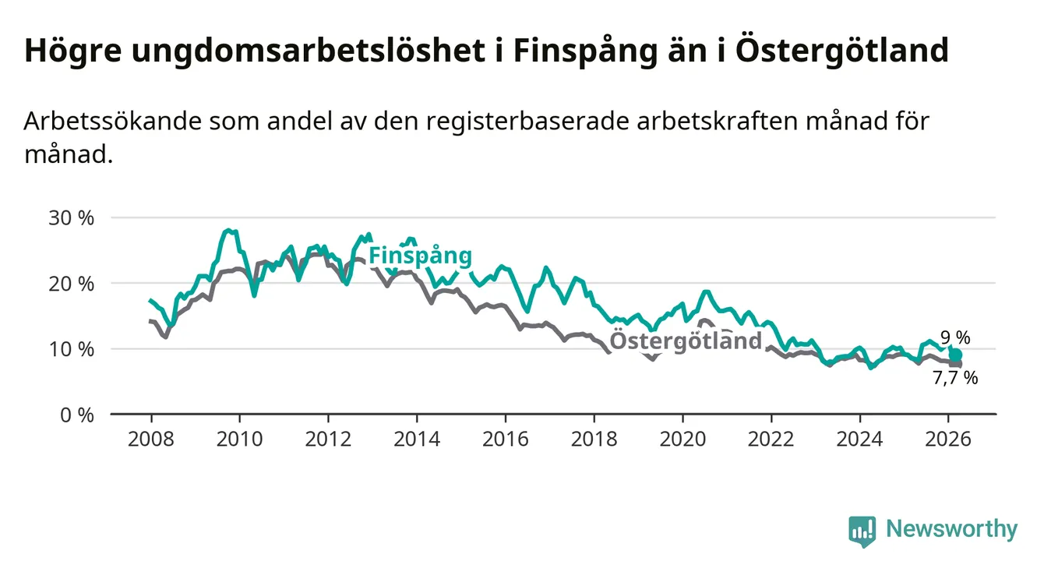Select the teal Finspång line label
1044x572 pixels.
tap(420, 256)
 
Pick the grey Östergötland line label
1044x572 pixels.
tap(686, 341)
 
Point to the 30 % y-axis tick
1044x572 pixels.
tap(71, 217)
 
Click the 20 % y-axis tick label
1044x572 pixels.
tap(71, 284)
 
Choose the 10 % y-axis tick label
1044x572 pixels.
tap(71, 349)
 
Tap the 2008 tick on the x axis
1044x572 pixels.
tap(150, 439)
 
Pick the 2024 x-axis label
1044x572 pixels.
tap(859, 439)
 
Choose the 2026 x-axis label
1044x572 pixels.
tap(948, 439)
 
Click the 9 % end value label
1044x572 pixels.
tap(955, 338)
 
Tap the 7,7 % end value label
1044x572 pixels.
tap(955, 379)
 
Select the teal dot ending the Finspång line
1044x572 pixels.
tap(956, 355)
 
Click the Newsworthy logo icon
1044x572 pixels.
tap(862, 531)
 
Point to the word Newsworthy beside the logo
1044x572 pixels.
tap(951, 530)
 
